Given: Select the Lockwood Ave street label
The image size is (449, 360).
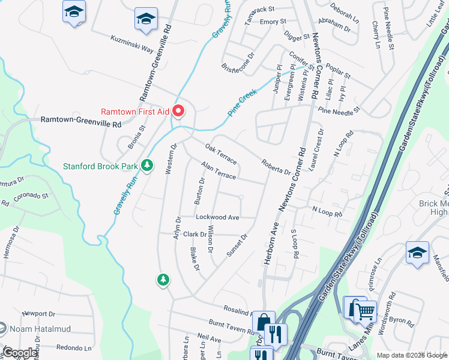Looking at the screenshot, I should [217, 217].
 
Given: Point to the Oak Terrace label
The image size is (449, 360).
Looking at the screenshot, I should [221, 154].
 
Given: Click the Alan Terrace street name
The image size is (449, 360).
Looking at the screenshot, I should [218, 170].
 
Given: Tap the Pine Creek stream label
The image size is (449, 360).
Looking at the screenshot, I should [242, 102].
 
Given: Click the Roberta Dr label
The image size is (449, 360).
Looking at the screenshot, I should [276, 167].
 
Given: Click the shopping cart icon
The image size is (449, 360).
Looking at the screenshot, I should [365, 310].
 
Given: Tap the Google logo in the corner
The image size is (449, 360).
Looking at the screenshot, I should [20, 353].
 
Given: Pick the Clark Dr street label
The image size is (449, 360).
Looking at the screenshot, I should [195, 235].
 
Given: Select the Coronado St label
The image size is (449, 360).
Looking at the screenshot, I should [31, 196].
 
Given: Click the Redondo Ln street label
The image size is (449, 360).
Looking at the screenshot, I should [75, 347].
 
